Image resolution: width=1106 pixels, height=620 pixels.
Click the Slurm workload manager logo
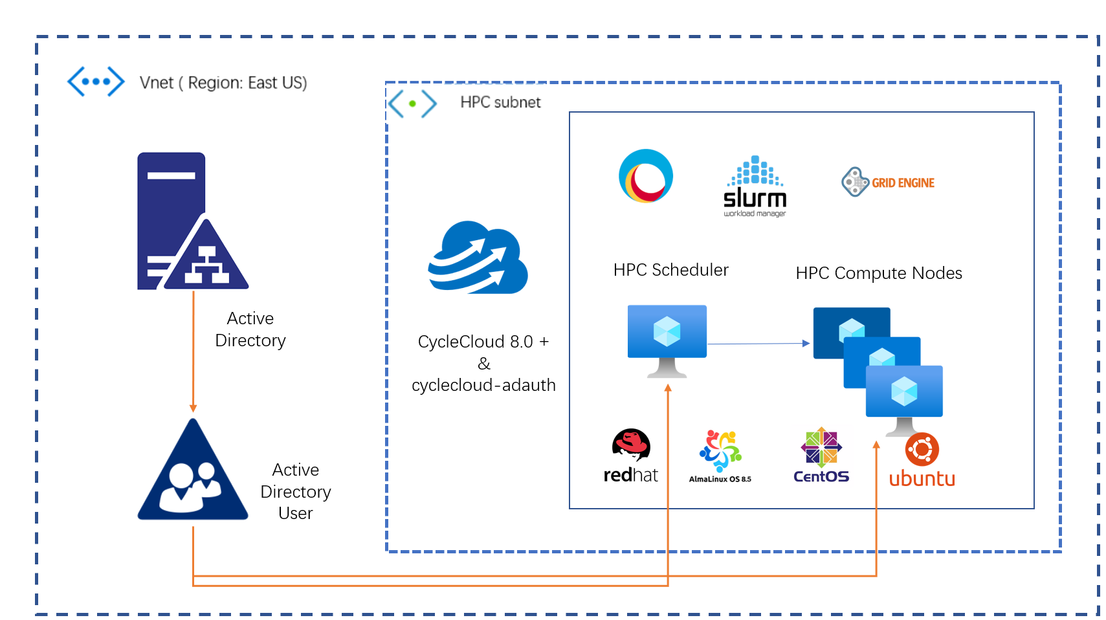755,186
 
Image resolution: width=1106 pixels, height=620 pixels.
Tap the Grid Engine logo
888,183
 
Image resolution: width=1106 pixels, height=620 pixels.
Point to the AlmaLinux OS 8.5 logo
720,456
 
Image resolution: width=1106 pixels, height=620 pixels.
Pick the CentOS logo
821,455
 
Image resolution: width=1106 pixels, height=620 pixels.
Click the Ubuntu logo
922,460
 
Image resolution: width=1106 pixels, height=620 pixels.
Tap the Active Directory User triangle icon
193,471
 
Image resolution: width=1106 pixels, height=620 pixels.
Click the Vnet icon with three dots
96,82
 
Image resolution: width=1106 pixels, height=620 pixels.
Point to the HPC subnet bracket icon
412,104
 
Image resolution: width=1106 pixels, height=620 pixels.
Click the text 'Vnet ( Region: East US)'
223,83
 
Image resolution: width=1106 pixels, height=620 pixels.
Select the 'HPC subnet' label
500,102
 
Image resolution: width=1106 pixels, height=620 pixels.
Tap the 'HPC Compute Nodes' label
878,273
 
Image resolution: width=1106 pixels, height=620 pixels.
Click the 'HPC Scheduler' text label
670,270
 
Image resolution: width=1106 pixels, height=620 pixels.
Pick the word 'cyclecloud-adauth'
483,385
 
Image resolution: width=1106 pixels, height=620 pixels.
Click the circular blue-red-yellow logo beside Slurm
646,176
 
